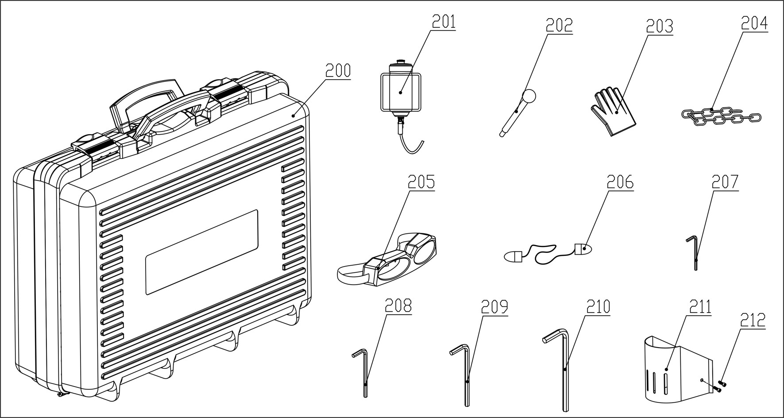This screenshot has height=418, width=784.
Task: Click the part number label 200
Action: [338, 71]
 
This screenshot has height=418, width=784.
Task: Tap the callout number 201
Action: [443, 22]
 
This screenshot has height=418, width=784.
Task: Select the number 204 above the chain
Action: [754, 23]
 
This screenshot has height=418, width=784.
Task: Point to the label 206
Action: [620, 182]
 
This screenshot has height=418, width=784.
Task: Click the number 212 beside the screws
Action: [753, 320]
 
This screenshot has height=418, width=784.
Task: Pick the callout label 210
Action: [598, 307]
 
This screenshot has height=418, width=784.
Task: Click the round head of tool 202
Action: [529, 95]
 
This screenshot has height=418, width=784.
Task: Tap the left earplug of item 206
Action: [512, 255]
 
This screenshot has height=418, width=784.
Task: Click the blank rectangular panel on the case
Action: [201, 252]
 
